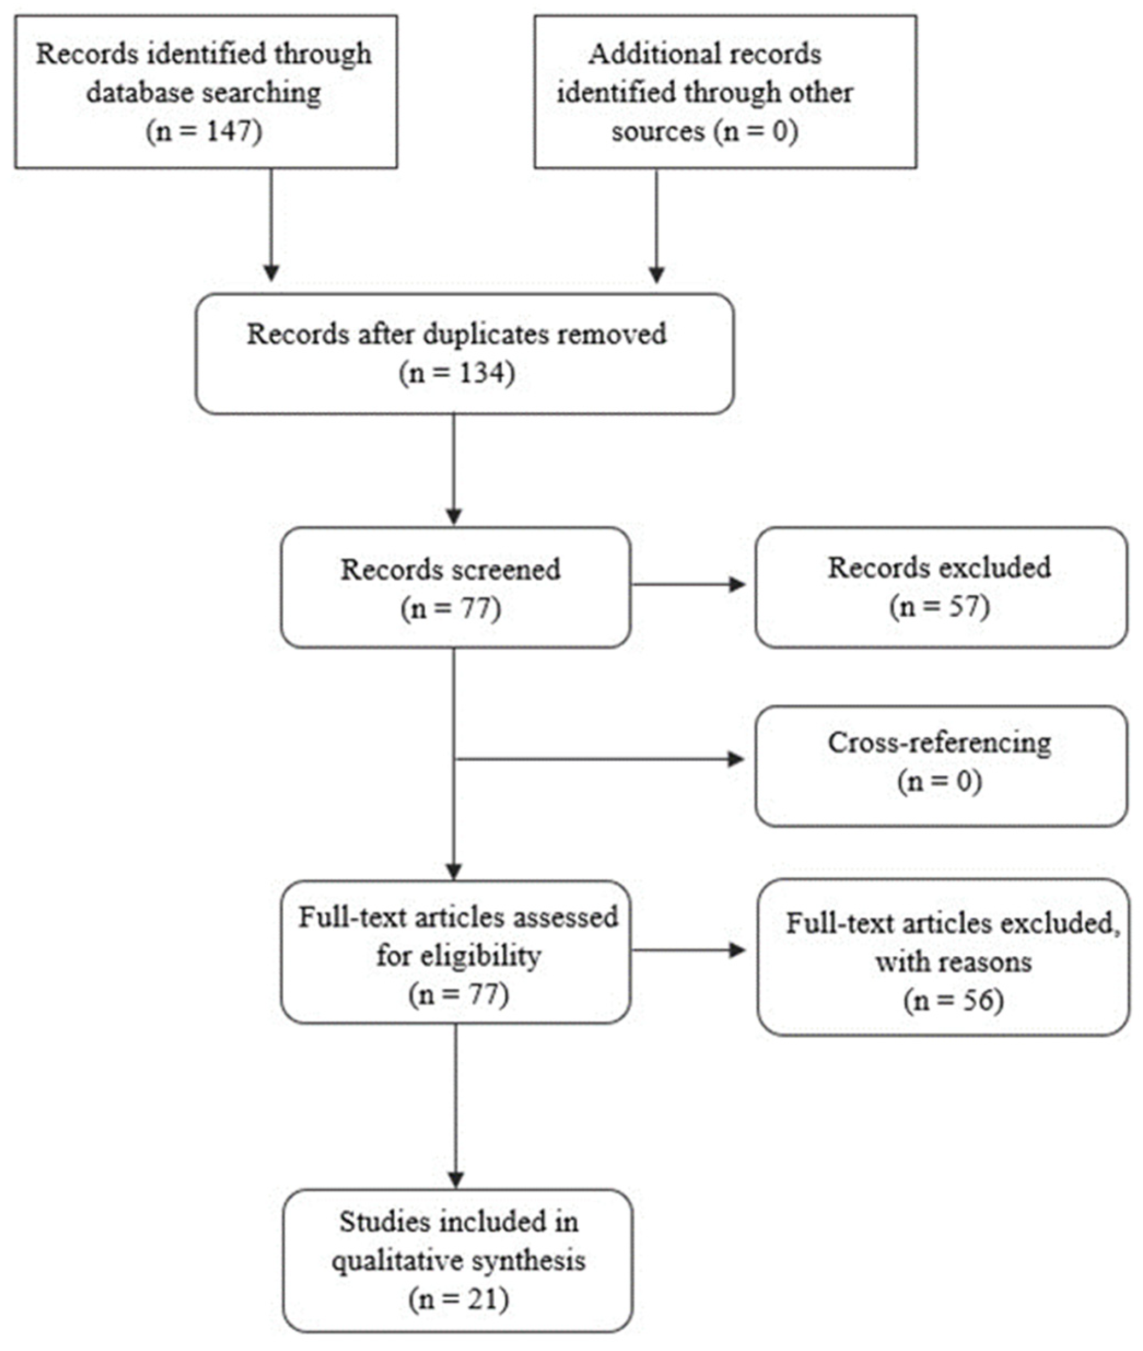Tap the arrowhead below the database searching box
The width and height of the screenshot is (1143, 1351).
272,272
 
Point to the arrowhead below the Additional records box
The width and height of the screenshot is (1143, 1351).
657,273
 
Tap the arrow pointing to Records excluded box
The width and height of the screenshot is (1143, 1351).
737,584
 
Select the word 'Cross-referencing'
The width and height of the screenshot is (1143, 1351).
940,742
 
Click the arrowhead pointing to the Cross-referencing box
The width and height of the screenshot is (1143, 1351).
736,759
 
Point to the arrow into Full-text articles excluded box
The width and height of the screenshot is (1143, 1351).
737,951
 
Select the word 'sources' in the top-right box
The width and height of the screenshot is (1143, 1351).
657,132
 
